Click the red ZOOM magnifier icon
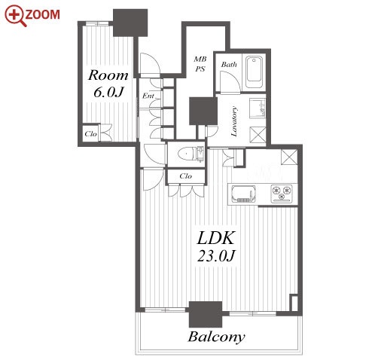click(x=15, y=16)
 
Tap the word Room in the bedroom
click(x=108, y=75)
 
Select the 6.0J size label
click(x=108, y=93)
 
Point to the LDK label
click(x=216, y=238)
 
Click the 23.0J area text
click(x=216, y=256)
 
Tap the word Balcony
click(x=216, y=337)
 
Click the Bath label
click(x=229, y=65)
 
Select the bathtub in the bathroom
click(x=255, y=72)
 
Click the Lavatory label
click(x=234, y=121)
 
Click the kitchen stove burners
click(x=282, y=194)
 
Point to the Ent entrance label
click(x=148, y=96)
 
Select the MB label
click(x=200, y=59)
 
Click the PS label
click(x=200, y=69)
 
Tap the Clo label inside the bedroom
click(x=90, y=134)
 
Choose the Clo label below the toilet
click(x=186, y=176)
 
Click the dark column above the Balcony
click(x=206, y=314)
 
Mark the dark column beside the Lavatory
click(x=203, y=111)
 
